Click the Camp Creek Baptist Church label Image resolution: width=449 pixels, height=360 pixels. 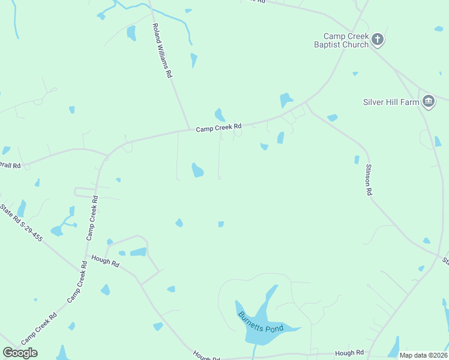click(x=341, y=40)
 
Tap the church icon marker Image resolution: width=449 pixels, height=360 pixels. click(x=378, y=40)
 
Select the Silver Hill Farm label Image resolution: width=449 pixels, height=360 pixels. click(x=391, y=102)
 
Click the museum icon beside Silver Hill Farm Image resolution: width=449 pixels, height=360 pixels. click(x=428, y=101)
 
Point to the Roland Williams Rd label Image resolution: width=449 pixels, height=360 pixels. click(x=162, y=51)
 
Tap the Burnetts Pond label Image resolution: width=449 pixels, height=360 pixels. click(x=260, y=325)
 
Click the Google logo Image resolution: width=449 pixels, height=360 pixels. click(x=20, y=353)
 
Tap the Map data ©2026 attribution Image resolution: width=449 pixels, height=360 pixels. click(x=423, y=355)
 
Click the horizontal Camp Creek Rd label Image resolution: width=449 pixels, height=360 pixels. click(x=218, y=127)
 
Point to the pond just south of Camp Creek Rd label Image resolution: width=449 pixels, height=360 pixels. click(x=197, y=170)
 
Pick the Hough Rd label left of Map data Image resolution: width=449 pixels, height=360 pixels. click(x=349, y=353)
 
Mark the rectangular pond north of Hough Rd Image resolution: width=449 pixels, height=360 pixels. click(x=138, y=252)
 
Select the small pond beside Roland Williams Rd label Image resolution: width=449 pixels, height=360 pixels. click(x=193, y=60)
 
